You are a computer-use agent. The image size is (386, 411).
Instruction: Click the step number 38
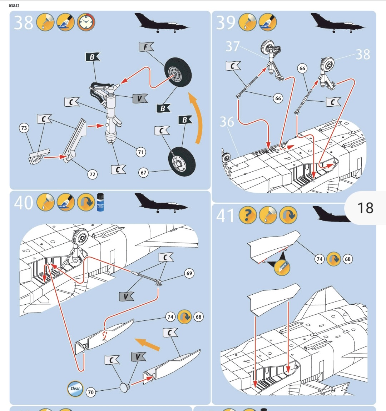click(x=24, y=22)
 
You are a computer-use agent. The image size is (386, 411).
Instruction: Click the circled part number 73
click(x=24, y=128)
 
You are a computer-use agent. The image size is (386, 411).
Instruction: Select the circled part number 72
click(x=92, y=174)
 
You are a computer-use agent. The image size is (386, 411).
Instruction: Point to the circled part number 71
click(x=141, y=152)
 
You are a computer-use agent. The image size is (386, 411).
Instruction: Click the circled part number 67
click(x=143, y=173)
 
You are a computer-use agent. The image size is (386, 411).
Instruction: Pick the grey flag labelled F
click(x=146, y=47)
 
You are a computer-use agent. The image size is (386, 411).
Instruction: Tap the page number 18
click(x=365, y=208)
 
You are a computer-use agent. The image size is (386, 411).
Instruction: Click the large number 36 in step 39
click(x=227, y=122)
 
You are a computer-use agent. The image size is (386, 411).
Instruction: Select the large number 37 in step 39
click(x=232, y=46)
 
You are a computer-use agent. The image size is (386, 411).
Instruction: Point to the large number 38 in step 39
click(x=363, y=54)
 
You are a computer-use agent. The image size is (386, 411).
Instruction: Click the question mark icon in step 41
click(x=248, y=215)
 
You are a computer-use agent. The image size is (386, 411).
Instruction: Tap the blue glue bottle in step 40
click(x=100, y=202)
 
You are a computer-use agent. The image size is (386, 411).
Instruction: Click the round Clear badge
click(x=75, y=389)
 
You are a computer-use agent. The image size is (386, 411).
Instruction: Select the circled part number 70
click(x=91, y=392)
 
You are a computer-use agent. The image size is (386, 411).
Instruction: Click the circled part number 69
click(x=189, y=273)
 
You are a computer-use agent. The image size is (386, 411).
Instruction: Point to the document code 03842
click(x=14, y=6)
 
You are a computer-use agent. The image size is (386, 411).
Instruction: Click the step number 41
click(x=225, y=216)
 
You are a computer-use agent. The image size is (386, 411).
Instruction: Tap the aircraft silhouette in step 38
click(x=161, y=23)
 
